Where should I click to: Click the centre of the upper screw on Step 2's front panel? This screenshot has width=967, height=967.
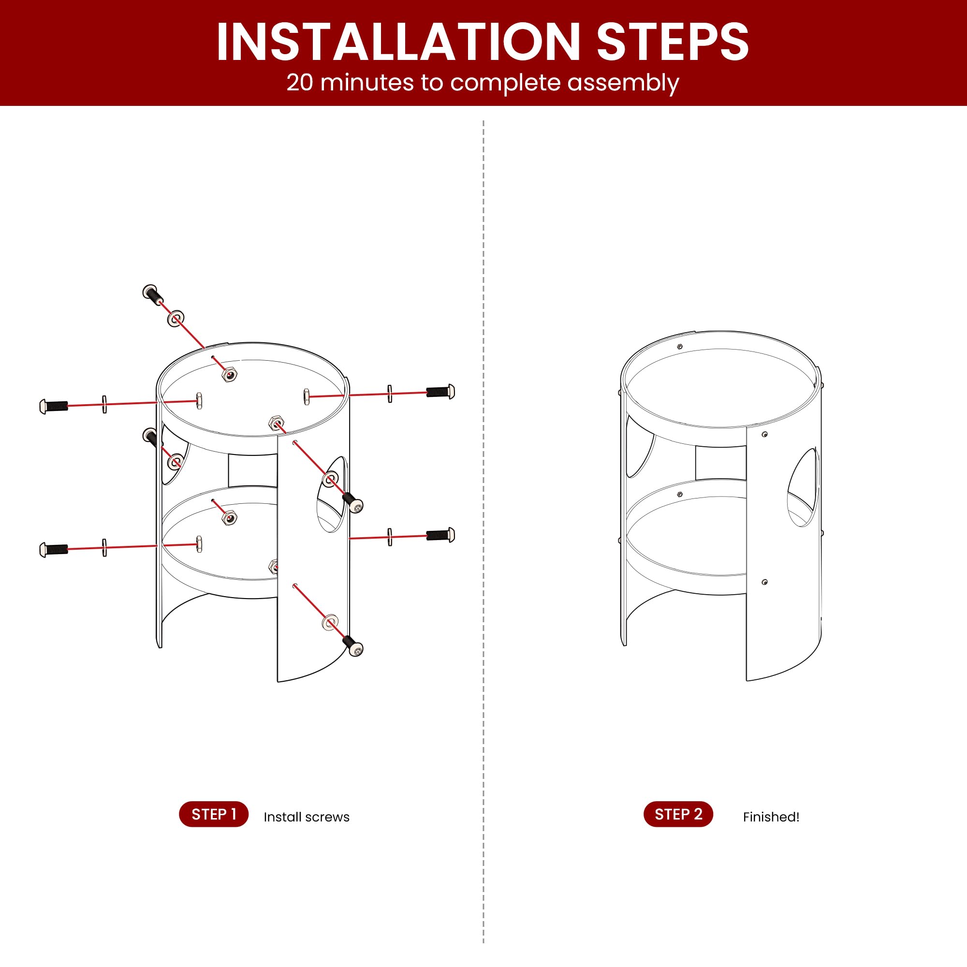pos(764,435)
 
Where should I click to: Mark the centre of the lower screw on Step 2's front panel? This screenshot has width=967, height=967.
pos(764,582)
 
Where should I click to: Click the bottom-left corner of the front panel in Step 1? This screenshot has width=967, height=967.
pos(278,682)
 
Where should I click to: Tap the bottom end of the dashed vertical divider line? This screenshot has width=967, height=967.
pos(483,943)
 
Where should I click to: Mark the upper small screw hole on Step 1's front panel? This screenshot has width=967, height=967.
pos(295,442)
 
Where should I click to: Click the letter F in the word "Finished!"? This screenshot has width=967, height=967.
pos(746,817)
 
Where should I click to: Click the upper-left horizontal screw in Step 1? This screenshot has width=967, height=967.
pos(54,406)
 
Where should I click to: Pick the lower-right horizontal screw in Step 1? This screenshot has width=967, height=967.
pos(440,535)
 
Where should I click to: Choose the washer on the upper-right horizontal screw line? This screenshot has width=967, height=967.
pos(389,395)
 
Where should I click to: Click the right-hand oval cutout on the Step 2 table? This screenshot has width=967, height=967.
pos(803,487)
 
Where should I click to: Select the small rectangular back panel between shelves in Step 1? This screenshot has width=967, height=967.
pos(253,470)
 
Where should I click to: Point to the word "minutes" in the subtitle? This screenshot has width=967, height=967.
pos(367,83)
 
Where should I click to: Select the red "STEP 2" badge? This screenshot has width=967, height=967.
pos(678,814)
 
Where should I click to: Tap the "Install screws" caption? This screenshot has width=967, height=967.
pos(307,817)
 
